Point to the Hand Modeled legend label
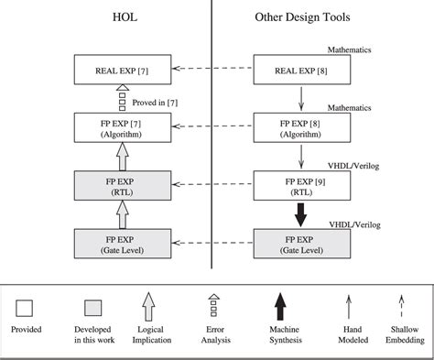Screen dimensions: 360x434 coord(347,334)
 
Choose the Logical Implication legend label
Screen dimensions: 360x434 coord(150,334)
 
